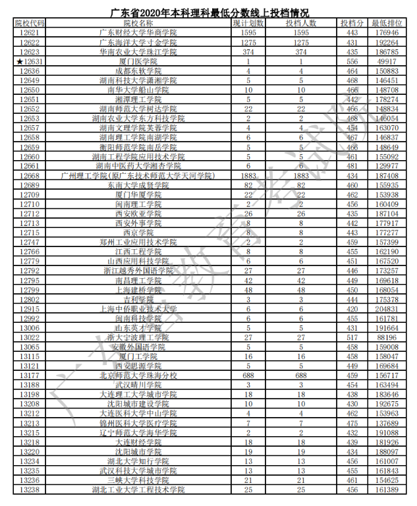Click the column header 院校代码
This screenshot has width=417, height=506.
point(30,23)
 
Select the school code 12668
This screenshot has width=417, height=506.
point(30,176)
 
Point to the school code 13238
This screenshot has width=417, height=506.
point(30,490)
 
